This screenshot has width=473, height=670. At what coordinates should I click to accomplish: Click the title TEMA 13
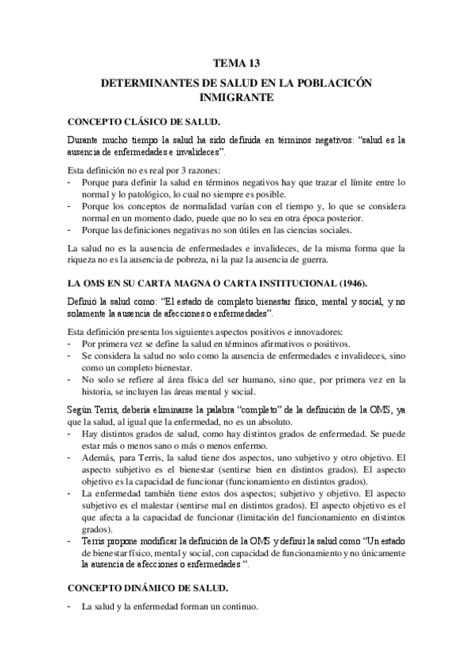point(236,62)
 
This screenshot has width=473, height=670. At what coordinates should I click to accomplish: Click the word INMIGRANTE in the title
point(236,99)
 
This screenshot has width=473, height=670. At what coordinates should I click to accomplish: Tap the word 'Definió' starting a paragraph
point(83,300)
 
